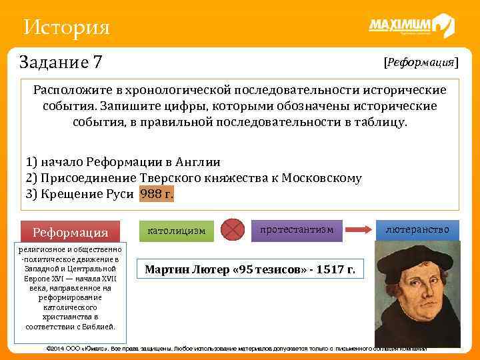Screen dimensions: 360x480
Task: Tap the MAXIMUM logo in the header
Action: click(x=411, y=26)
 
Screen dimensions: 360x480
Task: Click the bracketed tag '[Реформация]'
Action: click(x=420, y=62)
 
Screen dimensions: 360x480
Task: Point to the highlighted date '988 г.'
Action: click(x=157, y=195)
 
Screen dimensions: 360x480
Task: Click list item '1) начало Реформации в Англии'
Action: click(x=123, y=162)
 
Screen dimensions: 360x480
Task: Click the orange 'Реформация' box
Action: click(x=71, y=232)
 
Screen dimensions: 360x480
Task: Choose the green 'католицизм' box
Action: click(x=177, y=231)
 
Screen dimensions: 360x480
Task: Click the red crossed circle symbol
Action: click(x=233, y=229)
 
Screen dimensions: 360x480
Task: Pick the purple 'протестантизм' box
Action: click(x=301, y=229)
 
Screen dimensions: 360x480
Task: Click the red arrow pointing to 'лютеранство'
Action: click(x=359, y=229)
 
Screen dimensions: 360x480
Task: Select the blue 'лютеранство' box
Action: click(x=417, y=229)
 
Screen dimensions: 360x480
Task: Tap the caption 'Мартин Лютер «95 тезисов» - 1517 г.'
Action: click(x=251, y=270)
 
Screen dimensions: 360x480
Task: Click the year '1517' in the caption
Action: click(x=329, y=270)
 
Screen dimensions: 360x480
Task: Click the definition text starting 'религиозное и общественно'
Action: click(x=70, y=287)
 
